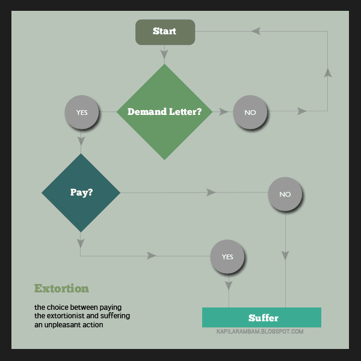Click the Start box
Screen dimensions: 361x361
(x=165, y=32)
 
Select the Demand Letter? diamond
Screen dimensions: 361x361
(x=164, y=112)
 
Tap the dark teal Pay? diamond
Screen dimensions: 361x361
(x=81, y=193)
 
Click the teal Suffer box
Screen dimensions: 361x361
(x=262, y=317)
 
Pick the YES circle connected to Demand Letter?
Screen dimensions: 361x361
(x=82, y=112)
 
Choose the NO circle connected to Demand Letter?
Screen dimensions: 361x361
(x=250, y=112)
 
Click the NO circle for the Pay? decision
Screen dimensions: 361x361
(x=285, y=194)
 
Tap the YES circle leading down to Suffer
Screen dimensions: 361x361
(x=227, y=257)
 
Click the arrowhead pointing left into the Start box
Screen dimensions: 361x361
(x=256, y=31)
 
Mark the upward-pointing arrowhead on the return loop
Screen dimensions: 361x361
(x=327, y=73)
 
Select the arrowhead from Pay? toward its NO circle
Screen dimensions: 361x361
(x=211, y=193)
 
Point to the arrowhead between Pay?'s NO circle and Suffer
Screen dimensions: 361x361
(x=285, y=255)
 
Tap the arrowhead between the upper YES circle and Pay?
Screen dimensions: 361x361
(x=81, y=141)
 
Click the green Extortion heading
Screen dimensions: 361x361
(x=61, y=288)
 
